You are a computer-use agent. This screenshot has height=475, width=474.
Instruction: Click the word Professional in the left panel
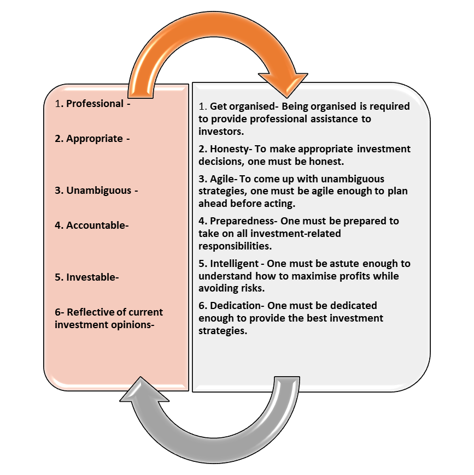click(x=95, y=104)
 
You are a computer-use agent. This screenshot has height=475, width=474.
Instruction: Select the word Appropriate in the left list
click(x=95, y=139)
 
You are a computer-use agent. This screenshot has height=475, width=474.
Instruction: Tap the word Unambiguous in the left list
click(x=99, y=191)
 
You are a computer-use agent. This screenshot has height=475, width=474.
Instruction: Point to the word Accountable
click(x=96, y=225)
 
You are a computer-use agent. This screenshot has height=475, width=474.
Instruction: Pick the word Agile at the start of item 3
click(x=222, y=179)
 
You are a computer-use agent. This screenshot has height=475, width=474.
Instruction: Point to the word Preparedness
click(x=242, y=221)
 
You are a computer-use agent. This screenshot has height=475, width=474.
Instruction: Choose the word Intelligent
click(x=234, y=264)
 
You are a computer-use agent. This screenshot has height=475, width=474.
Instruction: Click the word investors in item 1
click(x=221, y=132)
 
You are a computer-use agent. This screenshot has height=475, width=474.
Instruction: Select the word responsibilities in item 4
click(x=235, y=246)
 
